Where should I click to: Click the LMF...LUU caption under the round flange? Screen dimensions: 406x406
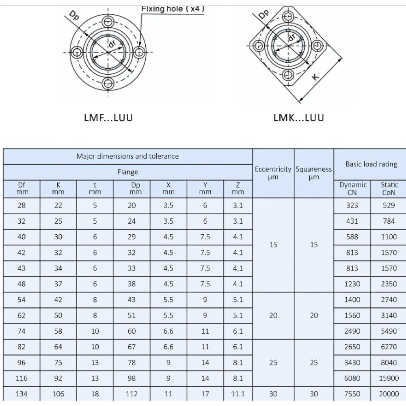click(x=108, y=118)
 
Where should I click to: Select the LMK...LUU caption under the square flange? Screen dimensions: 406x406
click(x=299, y=118)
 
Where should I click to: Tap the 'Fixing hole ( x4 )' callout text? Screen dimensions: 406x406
click(x=173, y=9)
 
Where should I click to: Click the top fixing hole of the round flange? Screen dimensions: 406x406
click(x=108, y=22)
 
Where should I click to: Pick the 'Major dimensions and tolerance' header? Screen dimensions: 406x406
click(x=127, y=156)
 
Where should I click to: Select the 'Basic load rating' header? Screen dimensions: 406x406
click(x=371, y=164)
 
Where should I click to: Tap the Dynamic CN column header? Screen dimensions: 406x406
click(x=352, y=189)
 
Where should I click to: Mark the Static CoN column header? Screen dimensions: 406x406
click(x=389, y=189)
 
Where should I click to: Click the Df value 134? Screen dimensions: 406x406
click(x=22, y=394)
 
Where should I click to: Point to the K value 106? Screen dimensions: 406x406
click(x=58, y=394)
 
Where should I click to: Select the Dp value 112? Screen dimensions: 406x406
click(x=132, y=394)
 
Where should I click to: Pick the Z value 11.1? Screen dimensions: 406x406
click(x=238, y=394)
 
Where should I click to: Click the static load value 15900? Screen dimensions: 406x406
click(x=389, y=378)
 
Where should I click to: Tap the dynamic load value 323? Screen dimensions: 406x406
click(x=352, y=205)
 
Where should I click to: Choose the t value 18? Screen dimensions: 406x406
click(x=95, y=394)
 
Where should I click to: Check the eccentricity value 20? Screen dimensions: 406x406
click(x=273, y=315)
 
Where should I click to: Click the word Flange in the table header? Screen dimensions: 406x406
click(x=127, y=172)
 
